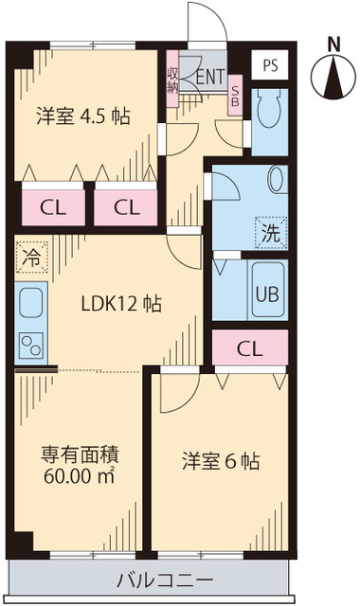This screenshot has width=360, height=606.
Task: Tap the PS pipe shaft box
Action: (271, 66)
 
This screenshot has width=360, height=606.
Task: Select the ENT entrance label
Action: (208, 76)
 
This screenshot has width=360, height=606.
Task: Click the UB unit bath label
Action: (266, 293)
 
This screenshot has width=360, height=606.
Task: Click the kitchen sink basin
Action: (30, 305)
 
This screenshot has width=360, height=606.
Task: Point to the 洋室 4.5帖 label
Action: (83, 117)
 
